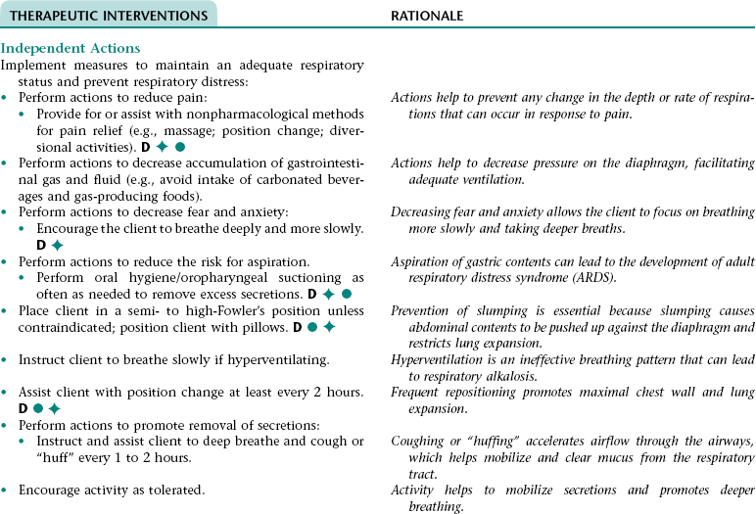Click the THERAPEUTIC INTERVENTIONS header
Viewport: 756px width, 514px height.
pos(109,16)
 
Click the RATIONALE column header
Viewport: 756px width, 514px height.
pos(427,16)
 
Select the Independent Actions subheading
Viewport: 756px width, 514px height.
pos(71,49)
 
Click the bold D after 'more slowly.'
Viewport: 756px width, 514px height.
pos(42,245)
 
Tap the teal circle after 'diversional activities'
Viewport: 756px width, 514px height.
pos(180,147)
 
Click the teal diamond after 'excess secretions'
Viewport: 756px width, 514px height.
pos(328,294)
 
